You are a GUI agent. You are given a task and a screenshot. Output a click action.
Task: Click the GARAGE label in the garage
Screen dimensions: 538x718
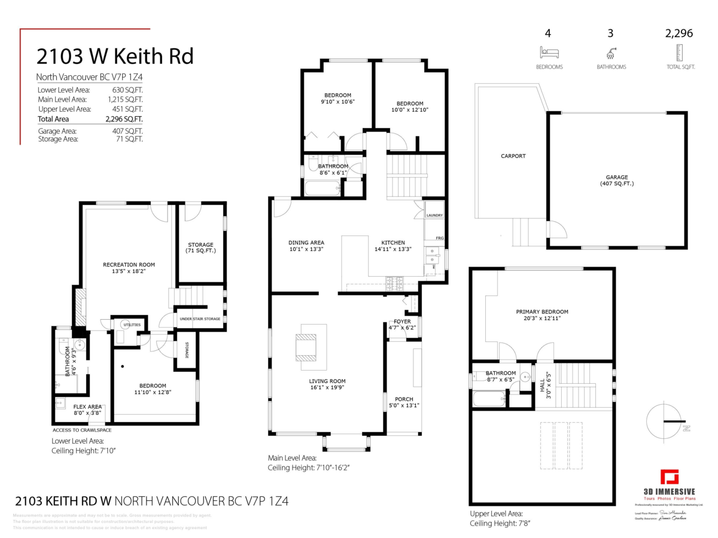[x=616, y=177]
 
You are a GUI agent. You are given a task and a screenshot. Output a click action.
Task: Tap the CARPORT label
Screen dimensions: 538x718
[x=513, y=156]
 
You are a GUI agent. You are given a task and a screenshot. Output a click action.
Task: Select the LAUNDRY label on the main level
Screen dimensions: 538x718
[x=434, y=215]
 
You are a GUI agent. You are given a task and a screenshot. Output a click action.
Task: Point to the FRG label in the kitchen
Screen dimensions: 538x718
[x=440, y=238]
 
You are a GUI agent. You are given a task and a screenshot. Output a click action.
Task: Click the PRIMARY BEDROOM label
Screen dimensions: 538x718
[x=542, y=311]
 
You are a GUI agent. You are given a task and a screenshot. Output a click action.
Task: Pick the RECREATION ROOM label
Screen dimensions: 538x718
[x=129, y=265]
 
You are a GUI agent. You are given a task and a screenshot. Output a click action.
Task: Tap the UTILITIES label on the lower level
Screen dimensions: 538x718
[x=132, y=325]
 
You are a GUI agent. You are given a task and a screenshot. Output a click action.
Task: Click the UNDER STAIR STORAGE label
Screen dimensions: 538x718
[x=200, y=319]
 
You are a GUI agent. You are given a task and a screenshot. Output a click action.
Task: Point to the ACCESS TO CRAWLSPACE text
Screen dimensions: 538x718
[x=82, y=430]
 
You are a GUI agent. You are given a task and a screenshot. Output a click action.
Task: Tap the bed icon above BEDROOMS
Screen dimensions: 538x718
[x=549, y=52]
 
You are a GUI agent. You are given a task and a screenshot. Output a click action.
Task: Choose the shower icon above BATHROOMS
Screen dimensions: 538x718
[x=611, y=52]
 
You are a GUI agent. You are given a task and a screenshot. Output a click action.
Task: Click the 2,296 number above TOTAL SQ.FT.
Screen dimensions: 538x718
[x=679, y=33]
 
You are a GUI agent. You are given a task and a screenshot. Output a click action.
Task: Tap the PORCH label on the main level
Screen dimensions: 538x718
[x=404, y=399]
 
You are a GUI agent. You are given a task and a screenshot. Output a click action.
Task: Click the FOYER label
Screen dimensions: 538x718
[x=402, y=322]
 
